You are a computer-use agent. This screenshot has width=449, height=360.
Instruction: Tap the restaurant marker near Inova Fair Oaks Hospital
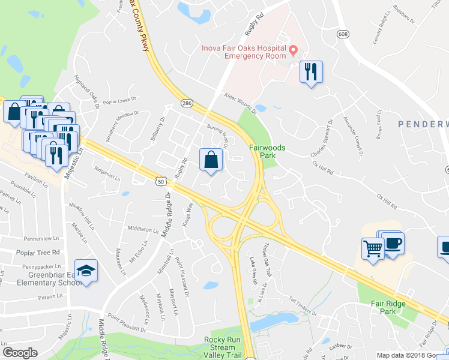[311, 72]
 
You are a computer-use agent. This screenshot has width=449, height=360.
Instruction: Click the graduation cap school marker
[86, 271]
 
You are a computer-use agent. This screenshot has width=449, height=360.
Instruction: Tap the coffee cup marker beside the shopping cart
[393, 243]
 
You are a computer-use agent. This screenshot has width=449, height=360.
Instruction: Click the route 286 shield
[187, 103]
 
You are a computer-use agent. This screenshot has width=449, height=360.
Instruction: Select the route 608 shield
[343, 34]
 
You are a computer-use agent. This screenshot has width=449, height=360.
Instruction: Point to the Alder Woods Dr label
[239, 103]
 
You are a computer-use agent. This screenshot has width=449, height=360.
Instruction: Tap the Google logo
[19, 353]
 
